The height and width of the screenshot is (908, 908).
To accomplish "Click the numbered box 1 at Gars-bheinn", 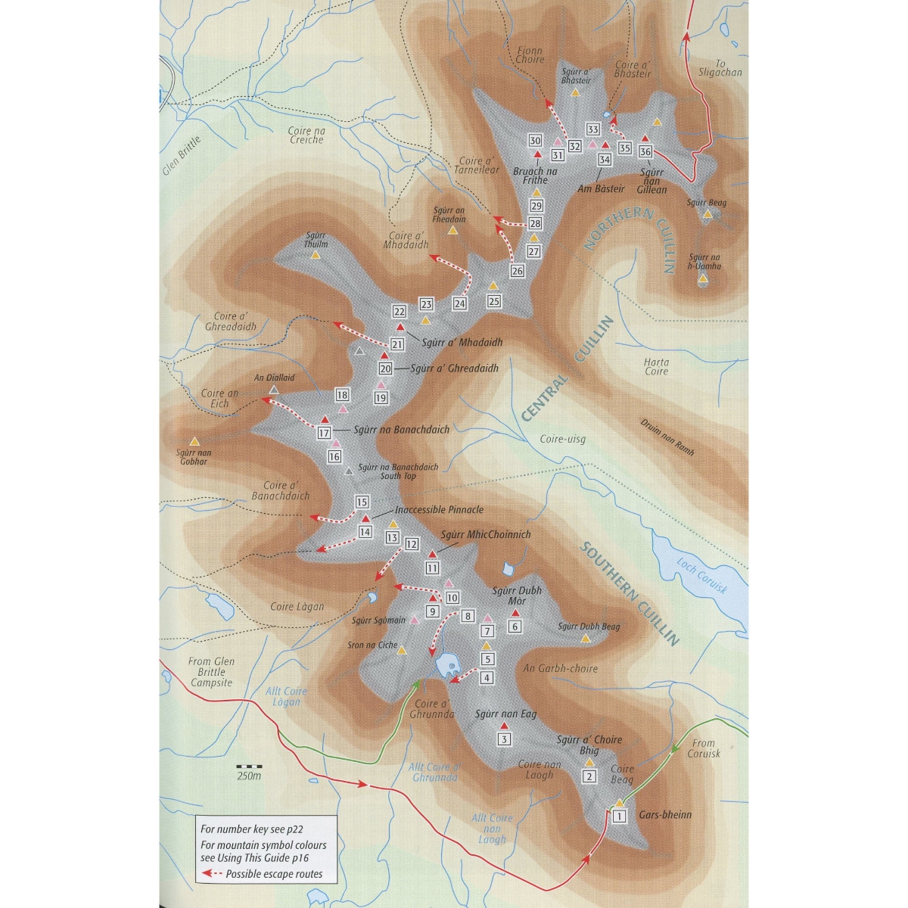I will click(x=619, y=816).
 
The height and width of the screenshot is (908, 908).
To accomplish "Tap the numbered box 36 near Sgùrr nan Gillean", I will click(x=645, y=151).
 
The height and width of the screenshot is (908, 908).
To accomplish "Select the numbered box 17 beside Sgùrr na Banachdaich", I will click(x=324, y=433).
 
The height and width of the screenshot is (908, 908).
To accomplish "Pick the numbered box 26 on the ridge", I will click(x=517, y=271).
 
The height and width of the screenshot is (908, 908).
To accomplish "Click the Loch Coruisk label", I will click(x=701, y=575).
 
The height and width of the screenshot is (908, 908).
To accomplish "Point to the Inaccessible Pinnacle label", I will click(x=439, y=510).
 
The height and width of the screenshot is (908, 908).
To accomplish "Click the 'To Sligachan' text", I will click(x=720, y=68).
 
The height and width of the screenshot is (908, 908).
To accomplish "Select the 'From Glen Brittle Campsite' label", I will click(x=212, y=672).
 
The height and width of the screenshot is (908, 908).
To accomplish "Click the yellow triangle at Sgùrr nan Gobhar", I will click(x=194, y=440).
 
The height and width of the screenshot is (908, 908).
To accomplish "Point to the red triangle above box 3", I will click(x=504, y=725).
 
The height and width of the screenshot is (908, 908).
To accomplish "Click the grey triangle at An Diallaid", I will click(x=274, y=390).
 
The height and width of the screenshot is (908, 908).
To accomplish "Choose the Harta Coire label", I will click(x=656, y=366).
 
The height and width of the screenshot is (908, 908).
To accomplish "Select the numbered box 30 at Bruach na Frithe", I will click(x=535, y=140).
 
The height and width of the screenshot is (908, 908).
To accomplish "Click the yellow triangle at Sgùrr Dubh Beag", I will click(x=585, y=639).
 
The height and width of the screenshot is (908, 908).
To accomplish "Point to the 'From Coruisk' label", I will click(x=703, y=748).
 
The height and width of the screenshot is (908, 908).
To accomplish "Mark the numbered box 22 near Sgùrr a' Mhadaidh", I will click(x=400, y=311).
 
